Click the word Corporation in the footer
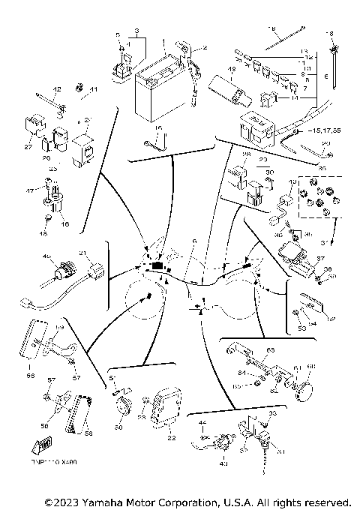197,501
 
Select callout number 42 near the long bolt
56,89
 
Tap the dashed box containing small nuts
316,199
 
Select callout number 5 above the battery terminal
118,34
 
